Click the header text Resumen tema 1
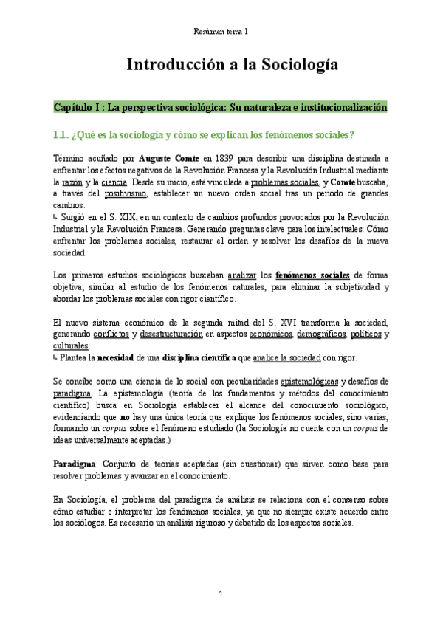(x=221, y=32)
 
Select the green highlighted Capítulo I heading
(x=221, y=107)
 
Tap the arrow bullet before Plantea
(x=57, y=358)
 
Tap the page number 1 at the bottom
(x=221, y=594)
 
